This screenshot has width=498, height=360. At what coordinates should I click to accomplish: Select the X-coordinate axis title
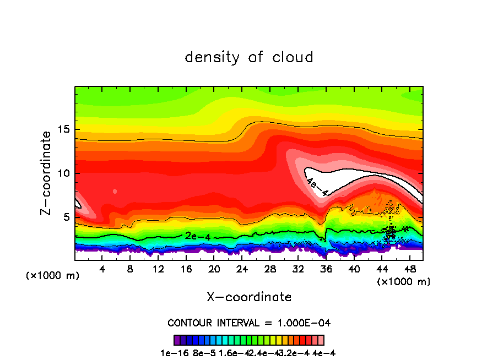coord(249,297)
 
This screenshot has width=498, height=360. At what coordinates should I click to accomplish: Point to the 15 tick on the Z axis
coord(64,130)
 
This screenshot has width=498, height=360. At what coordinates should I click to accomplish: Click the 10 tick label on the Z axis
coord(64,173)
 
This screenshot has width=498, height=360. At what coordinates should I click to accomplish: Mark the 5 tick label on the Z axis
coord(67,217)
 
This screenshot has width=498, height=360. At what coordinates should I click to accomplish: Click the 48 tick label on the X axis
coord(409,269)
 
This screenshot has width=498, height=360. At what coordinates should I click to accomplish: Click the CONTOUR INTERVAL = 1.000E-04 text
coord(249,323)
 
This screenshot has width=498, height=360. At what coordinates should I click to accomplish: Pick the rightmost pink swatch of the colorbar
coord(321,340)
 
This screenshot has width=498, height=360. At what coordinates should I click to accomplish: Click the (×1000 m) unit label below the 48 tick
coord(404,282)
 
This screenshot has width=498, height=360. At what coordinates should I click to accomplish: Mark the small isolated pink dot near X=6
coord(115,191)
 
